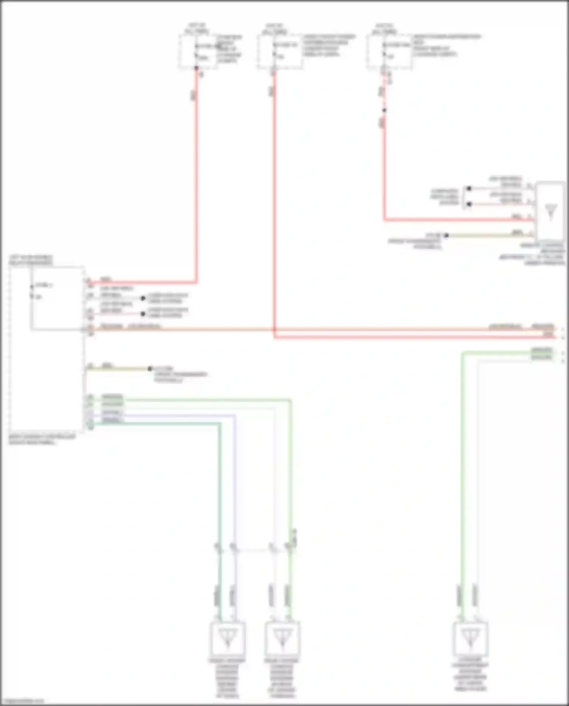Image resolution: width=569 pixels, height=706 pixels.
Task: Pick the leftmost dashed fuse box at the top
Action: pos(198,52)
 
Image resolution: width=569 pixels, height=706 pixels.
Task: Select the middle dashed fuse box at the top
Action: pos(280,52)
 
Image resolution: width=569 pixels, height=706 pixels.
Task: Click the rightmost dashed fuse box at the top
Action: pos(389,52)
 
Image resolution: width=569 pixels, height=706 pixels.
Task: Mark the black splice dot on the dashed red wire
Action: pos(384,110)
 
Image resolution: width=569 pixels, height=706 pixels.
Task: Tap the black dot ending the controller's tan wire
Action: pos(150,368)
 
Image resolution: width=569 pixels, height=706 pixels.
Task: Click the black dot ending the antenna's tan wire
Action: pos(446,236)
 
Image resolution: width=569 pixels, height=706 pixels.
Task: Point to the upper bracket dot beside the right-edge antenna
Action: pos(469,188)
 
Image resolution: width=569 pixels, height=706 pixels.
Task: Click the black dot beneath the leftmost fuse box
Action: pos(196,68)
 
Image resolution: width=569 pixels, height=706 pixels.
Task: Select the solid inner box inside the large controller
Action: pos(57,299)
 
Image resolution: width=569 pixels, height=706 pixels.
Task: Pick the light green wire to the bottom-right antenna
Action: pos(462,474)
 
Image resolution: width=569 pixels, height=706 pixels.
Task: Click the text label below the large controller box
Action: pos(42,439)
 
